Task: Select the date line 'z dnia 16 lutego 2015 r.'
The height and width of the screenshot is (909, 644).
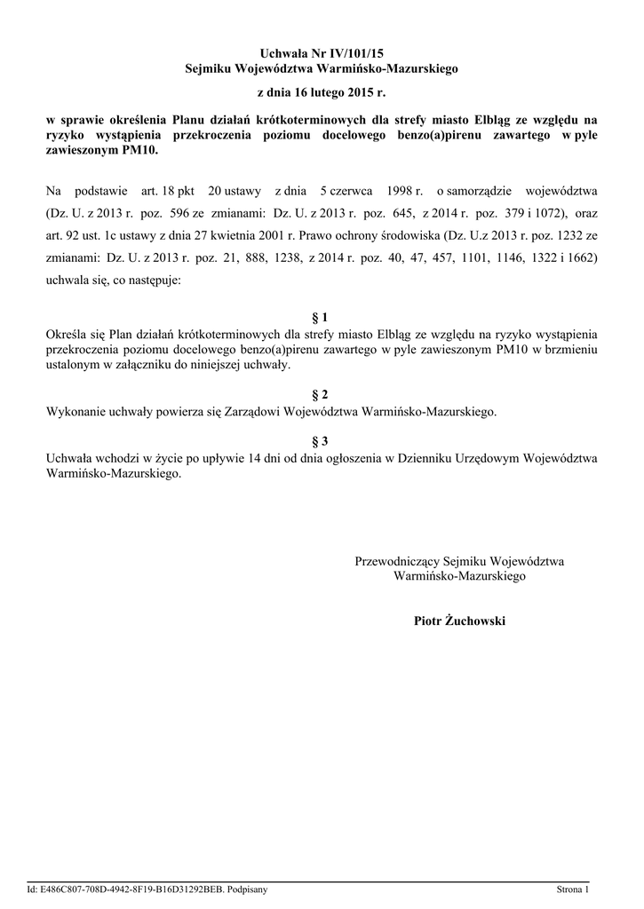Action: (x=322, y=91)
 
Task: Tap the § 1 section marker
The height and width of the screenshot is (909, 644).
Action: (x=322, y=317)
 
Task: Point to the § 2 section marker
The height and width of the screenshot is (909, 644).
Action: (x=322, y=393)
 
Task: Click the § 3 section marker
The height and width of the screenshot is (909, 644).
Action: (x=322, y=441)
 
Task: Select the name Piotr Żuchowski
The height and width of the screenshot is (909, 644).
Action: (x=459, y=620)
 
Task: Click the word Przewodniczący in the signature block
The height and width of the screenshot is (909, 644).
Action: (x=397, y=561)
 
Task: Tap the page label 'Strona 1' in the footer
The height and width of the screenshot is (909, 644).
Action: (x=573, y=889)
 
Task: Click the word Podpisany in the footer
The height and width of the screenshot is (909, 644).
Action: (x=248, y=889)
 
